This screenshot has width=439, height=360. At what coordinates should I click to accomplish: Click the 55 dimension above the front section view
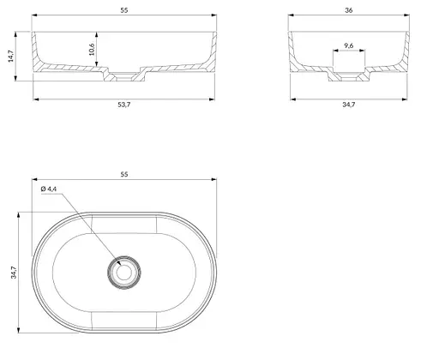pyautogui.click(x=123, y=10)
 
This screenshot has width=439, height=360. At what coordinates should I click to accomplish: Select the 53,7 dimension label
pyautogui.click(x=124, y=105)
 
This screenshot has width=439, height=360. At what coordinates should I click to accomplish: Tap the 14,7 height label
pyautogui.click(x=11, y=56)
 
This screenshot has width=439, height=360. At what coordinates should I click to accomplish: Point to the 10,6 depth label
pyautogui.click(x=92, y=50)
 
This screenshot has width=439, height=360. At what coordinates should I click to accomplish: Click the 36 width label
pyautogui.click(x=349, y=10)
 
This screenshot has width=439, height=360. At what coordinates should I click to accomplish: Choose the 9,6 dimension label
pyautogui.click(x=349, y=45)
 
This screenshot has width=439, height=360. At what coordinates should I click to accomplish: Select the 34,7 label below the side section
pyautogui.click(x=349, y=105)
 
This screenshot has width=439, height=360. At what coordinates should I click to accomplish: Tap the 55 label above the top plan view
pyautogui.click(x=123, y=174)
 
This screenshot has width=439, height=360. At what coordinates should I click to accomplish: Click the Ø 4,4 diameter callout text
pyautogui.click(x=49, y=189)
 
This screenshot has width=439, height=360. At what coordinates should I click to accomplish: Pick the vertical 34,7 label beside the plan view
pyautogui.click(x=14, y=273)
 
